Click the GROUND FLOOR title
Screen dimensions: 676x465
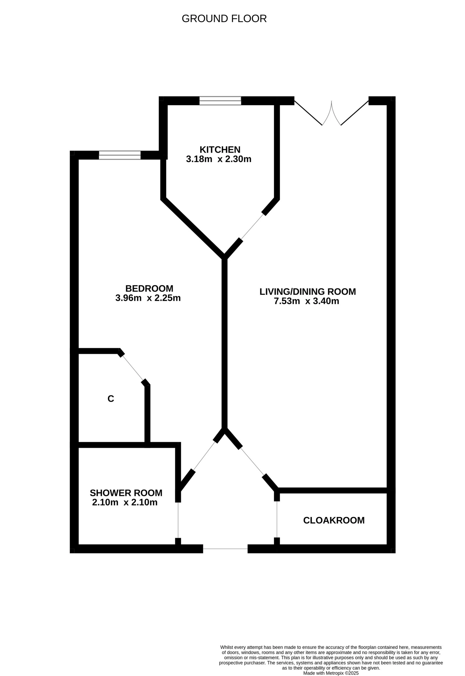tap(224, 19)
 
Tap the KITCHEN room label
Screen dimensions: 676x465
tap(220, 150)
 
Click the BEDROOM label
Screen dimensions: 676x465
tap(149, 288)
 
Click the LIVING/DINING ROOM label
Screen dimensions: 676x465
tap(308, 292)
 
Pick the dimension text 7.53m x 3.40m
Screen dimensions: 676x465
tap(307, 301)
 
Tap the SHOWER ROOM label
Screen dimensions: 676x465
tap(126, 493)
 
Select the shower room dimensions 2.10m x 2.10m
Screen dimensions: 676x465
tap(125, 502)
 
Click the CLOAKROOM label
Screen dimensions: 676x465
tap(334, 520)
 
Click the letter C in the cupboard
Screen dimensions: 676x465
tap(111, 399)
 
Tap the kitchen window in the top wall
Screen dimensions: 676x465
tap(220, 101)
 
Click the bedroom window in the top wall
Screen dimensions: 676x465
tap(120, 155)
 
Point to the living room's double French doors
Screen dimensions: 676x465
tap(332, 114)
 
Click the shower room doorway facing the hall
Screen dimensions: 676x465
tap(178, 520)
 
